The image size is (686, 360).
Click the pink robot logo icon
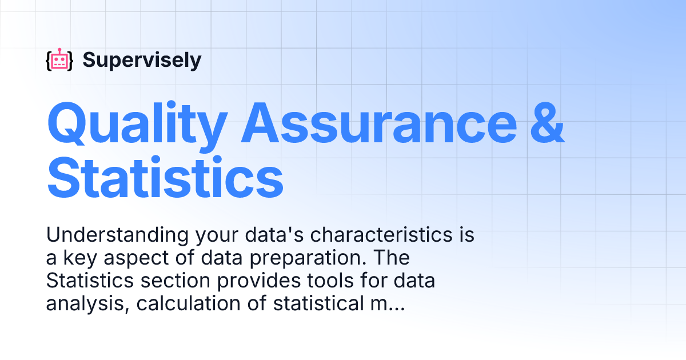point(59,60)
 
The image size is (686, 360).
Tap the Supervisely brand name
point(142,60)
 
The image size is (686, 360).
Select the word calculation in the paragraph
point(171,305)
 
